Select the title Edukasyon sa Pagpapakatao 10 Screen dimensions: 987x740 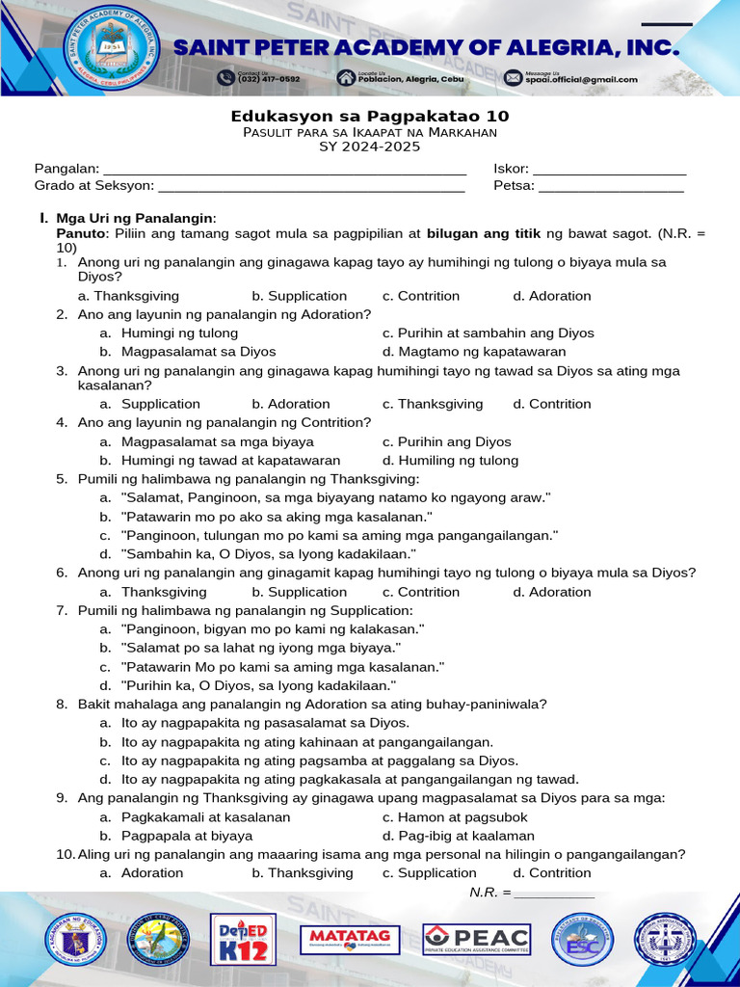[369, 116]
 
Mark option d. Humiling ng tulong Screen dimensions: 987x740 [450, 460]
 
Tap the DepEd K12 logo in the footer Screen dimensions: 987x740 [243, 939]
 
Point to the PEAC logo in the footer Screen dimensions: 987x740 [476, 939]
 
